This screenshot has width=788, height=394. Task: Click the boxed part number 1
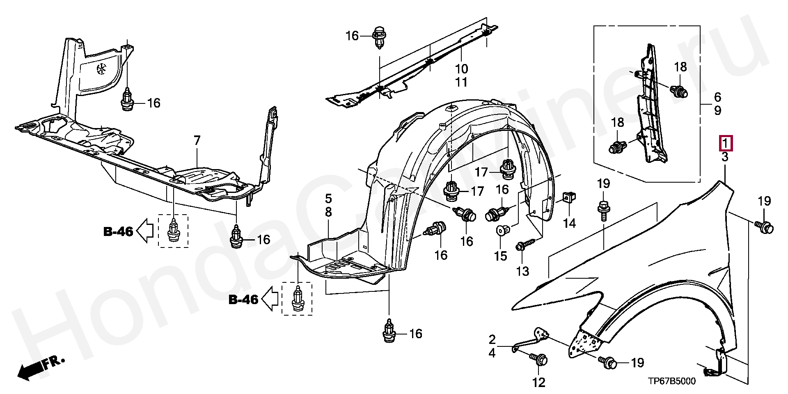point(725,144)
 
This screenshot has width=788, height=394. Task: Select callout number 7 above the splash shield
point(197,141)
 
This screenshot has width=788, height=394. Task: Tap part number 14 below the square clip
point(569,223)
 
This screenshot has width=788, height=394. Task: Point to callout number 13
point(523,271)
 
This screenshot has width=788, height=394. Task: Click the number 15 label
point(500,256)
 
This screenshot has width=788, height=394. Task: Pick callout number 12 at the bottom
point(539,383)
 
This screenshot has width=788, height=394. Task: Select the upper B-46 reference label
point(118,232)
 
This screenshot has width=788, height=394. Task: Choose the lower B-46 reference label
point(243,300)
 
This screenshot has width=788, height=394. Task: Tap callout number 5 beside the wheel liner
point(328,199)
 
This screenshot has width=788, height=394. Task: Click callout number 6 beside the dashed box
point(717,97)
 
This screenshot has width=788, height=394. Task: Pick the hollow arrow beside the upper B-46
point(144,231)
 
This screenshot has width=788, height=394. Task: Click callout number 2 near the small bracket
point(492,340)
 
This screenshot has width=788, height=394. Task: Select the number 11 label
point(461,82)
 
